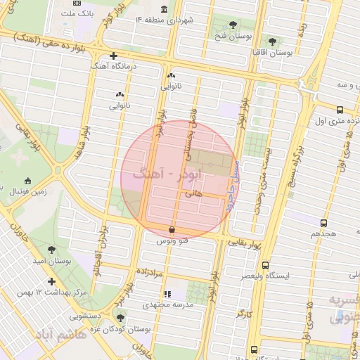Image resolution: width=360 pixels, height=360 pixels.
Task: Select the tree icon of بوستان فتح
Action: (233, 25)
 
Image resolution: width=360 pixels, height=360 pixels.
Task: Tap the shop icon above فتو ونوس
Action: (172, 229)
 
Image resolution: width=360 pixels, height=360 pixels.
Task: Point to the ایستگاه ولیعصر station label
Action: (264, 276)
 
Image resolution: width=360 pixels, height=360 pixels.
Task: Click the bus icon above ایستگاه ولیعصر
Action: (264, 265)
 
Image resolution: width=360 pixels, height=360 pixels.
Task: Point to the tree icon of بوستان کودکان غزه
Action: (122, 317)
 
